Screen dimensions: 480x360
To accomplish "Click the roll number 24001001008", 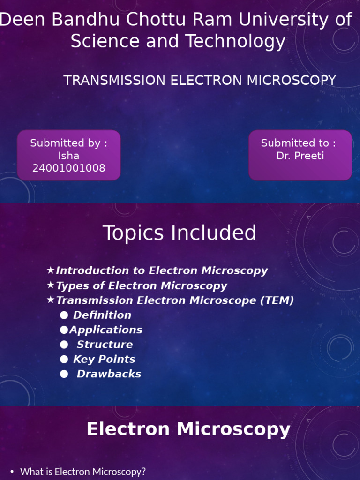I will (x=68, y=168).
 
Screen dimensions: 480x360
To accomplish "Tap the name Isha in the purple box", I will (x=68, y=156).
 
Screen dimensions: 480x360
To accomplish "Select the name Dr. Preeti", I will (x=300, y=156).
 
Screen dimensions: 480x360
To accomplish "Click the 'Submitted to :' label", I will (x=298, y=143).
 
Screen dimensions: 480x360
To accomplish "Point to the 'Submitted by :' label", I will (x=68, y=143).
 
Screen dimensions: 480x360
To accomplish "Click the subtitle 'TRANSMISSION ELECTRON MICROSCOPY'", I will (x=200, y=80).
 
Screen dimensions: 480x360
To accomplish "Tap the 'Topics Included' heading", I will (x=180, y=233).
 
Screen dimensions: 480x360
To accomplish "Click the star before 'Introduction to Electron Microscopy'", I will (x=51, y=270).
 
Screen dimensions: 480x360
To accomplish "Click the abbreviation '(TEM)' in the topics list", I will (x=277, y=300).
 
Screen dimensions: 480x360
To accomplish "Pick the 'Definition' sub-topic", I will (x=102, y=315).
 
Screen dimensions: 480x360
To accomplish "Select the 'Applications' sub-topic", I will (x=106, y=330).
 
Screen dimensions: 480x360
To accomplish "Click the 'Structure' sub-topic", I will (x=105, y=345).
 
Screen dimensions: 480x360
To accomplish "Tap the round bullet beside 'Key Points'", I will (x=64, y=360).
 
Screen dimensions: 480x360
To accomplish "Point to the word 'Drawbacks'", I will (x=109, y=374).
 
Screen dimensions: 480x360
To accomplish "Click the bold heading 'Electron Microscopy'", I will (x=188, y=429).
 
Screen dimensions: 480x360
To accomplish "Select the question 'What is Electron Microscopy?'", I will (x=83, y=472).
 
